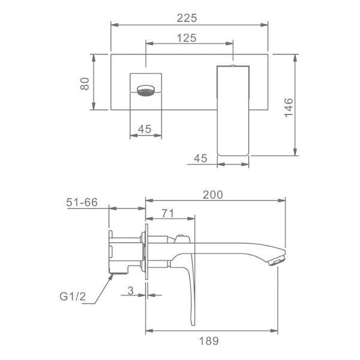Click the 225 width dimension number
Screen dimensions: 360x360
pyautogui.click(x=187, y=18)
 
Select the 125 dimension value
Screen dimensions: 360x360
pyautogui.click(x=187, y=38)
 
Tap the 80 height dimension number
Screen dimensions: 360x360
pyautogui.click(x=85, y=84)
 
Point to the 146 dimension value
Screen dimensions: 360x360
pyautogui.click(x=289, y=107)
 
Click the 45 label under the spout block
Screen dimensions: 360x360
pyautogui.click(x=145, y=129)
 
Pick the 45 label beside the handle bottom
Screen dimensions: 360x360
pyautogui.click(x=200, y=158)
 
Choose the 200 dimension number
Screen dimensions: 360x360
pyautogui.click(x=213, y=195)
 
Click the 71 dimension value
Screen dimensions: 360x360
pyautogui.click(x=168, y=213)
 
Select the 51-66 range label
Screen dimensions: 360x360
pyautogui.click(x=82, y=202)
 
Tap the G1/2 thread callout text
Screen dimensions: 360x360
pyautogui.click(x=73, y=296)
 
